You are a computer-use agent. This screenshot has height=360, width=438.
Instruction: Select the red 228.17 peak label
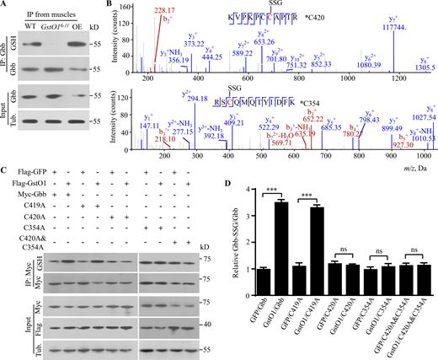tap(206, 12)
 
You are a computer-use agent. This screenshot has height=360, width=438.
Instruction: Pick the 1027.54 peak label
tap(419, 117)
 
